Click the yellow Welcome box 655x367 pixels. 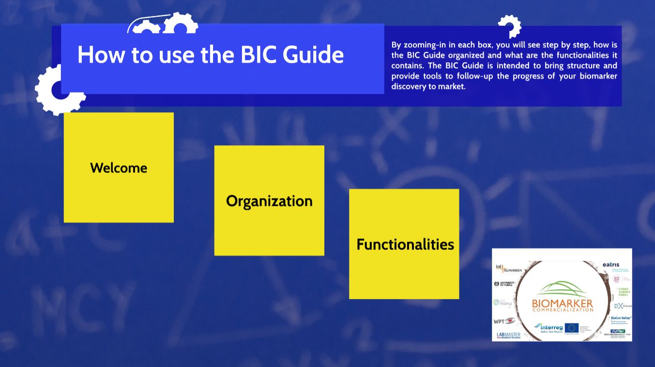[119, 168]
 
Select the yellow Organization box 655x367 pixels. [269, 200]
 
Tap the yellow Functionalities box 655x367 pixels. [404, 244]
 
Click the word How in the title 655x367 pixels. [101, 55]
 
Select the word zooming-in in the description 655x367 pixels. [427, 45]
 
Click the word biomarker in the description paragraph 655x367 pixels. [598, 76]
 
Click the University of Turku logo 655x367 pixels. [504, 284]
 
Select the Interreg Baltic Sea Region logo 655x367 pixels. [547, 328]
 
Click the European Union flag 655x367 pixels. [572, 328]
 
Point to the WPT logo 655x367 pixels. [504, 321]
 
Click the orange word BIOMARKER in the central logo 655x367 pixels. [562, 304]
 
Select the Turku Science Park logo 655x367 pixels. [623, 291]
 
